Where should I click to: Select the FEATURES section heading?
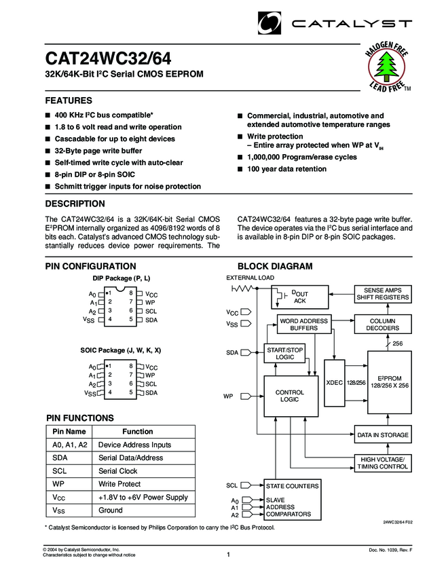tap(69, 100)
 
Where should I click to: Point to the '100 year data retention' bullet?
tap(286, 169)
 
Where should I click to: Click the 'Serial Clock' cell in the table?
tap(118, 470)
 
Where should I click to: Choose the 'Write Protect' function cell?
tap(119, 484)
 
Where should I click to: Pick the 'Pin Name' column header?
tap(69, 431)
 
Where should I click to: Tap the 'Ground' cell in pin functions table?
tap(111, 510)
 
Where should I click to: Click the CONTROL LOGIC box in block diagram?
tap(290, 396)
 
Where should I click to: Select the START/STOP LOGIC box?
tap(280, 352)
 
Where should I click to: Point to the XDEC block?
tap(335, 382)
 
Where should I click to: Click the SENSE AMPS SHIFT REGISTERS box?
tap(383, 293)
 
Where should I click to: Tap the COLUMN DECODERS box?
tap(383, 324)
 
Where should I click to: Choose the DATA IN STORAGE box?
tap(383, 434)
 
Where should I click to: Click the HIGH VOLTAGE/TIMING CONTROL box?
tap(383, 464)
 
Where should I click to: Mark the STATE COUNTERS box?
tap(291, 487)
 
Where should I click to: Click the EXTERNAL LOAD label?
tap(250, 278)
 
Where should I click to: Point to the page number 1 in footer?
tap(229, 555)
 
